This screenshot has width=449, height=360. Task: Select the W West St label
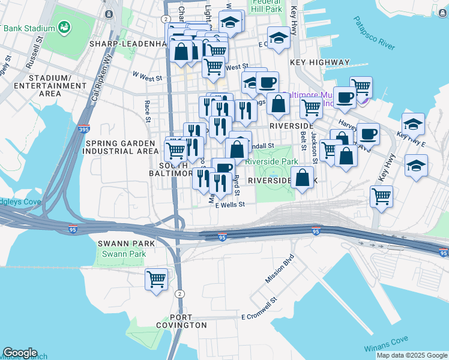(x=147, y=77)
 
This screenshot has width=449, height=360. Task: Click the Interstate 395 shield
(x=84, y=129)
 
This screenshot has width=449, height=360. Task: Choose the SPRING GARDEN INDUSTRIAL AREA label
(x=122, y=147)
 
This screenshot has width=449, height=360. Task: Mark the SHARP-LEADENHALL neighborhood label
(x=127, y=44)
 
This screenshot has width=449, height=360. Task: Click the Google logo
(x=20, y=353)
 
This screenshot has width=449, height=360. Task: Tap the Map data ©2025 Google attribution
(x=411, y=355)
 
